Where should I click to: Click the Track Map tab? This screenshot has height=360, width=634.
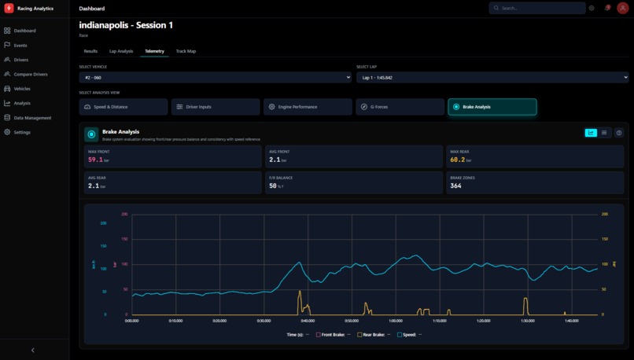186,51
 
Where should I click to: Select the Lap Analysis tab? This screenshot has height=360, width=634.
121,51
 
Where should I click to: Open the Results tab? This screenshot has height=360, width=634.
90,51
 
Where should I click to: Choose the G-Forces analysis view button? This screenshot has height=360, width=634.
399,107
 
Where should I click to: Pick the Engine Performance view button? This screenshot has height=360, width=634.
308,107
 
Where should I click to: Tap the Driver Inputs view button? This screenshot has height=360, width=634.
216,107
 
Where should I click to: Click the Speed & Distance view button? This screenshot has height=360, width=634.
123,107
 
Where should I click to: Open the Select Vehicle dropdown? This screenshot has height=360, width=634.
215,78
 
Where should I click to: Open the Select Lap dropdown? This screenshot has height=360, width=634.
492,78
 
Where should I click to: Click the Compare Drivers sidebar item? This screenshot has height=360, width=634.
31,74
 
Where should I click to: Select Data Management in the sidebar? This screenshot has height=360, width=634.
32,118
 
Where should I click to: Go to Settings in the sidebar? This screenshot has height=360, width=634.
22,132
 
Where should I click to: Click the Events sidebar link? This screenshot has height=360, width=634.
20,46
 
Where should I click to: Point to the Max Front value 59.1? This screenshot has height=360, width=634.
95,160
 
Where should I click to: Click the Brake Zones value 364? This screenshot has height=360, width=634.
455,186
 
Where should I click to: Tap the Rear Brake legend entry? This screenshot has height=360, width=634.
371,335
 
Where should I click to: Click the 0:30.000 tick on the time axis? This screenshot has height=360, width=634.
264,321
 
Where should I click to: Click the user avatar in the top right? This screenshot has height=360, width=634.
623,8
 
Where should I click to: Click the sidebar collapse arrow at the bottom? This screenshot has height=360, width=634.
32,350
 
